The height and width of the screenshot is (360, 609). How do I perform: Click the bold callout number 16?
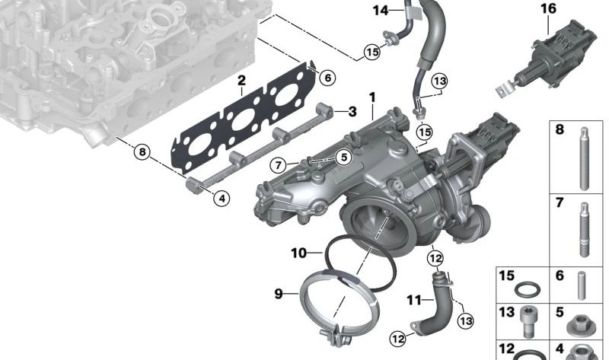(x=548, y=8)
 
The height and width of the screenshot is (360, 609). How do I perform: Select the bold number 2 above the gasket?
(x=241, y=80)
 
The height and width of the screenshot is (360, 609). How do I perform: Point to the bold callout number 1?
(x=373, y=97)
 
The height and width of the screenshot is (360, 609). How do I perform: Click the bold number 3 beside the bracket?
(x=352, y=112)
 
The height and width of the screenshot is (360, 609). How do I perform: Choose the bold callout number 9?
(x=279, y=293)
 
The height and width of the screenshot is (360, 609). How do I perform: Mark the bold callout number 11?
(x=413, y=301)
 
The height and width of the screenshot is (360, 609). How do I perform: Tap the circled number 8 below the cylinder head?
(x=141, y=151)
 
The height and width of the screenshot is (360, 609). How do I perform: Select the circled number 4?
(x=221, y=199)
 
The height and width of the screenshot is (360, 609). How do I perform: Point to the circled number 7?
(x=279, y=164)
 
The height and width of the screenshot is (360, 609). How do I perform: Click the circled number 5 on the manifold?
(x=343, y=158)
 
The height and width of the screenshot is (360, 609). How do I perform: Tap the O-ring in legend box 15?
(x=525, y=289)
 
